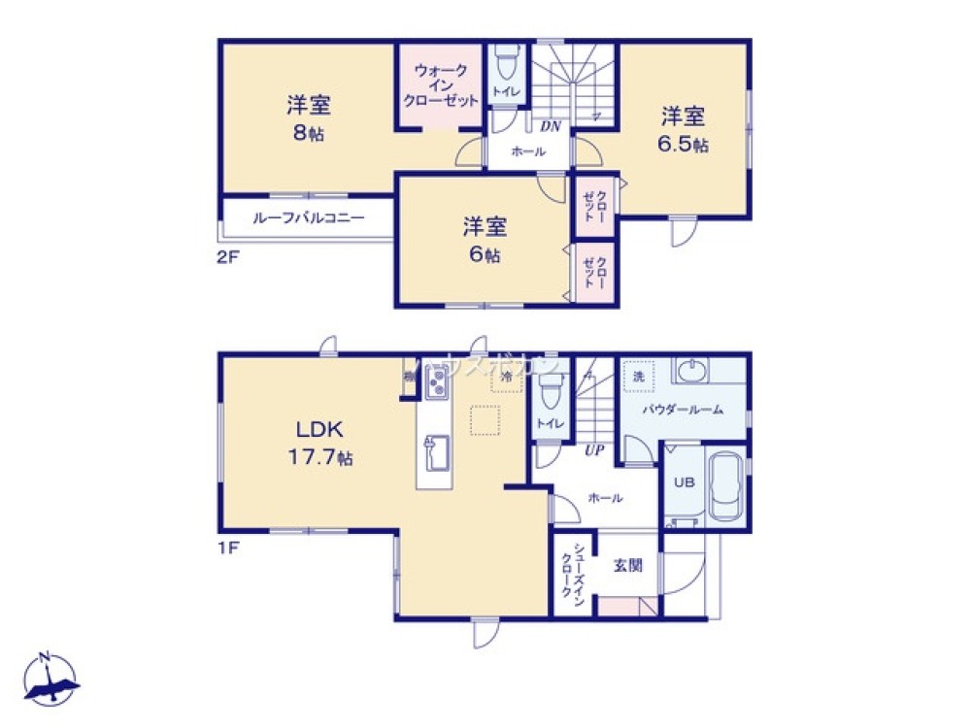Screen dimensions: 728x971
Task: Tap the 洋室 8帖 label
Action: tap(308, 118)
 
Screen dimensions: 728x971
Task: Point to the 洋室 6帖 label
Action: tap(483, 241)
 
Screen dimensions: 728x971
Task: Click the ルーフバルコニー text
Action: tap(308, 218)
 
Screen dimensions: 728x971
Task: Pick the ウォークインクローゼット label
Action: tap(442, 85)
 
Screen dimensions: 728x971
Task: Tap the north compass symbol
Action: tap(50, 680)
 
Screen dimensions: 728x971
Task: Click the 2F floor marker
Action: tap(228, 260)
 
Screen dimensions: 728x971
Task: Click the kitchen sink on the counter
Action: tap(434, 451)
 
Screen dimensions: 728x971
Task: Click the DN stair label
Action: tap(550, 126)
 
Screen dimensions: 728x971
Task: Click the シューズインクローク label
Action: tap(572, 575)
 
